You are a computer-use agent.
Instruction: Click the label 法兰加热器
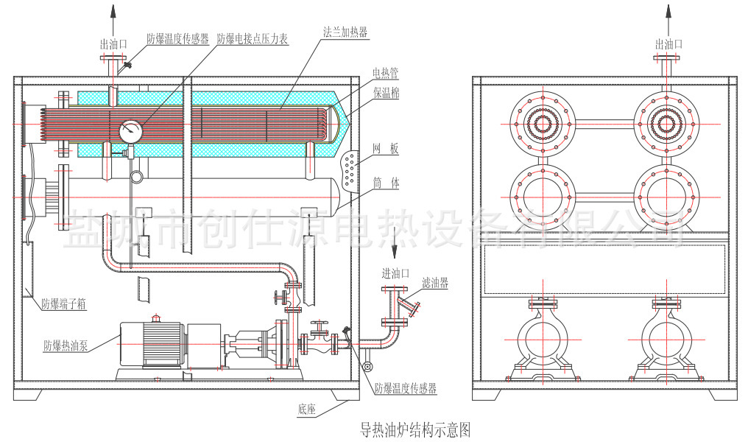coord(345,32)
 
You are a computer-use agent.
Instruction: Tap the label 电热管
coord(385,73)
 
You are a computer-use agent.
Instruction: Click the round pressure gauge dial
coord(131,130)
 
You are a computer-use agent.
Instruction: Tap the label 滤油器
coord(435,282)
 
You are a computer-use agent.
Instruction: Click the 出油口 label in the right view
coord(668,44)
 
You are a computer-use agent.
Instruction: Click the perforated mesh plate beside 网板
coord(353,169)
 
